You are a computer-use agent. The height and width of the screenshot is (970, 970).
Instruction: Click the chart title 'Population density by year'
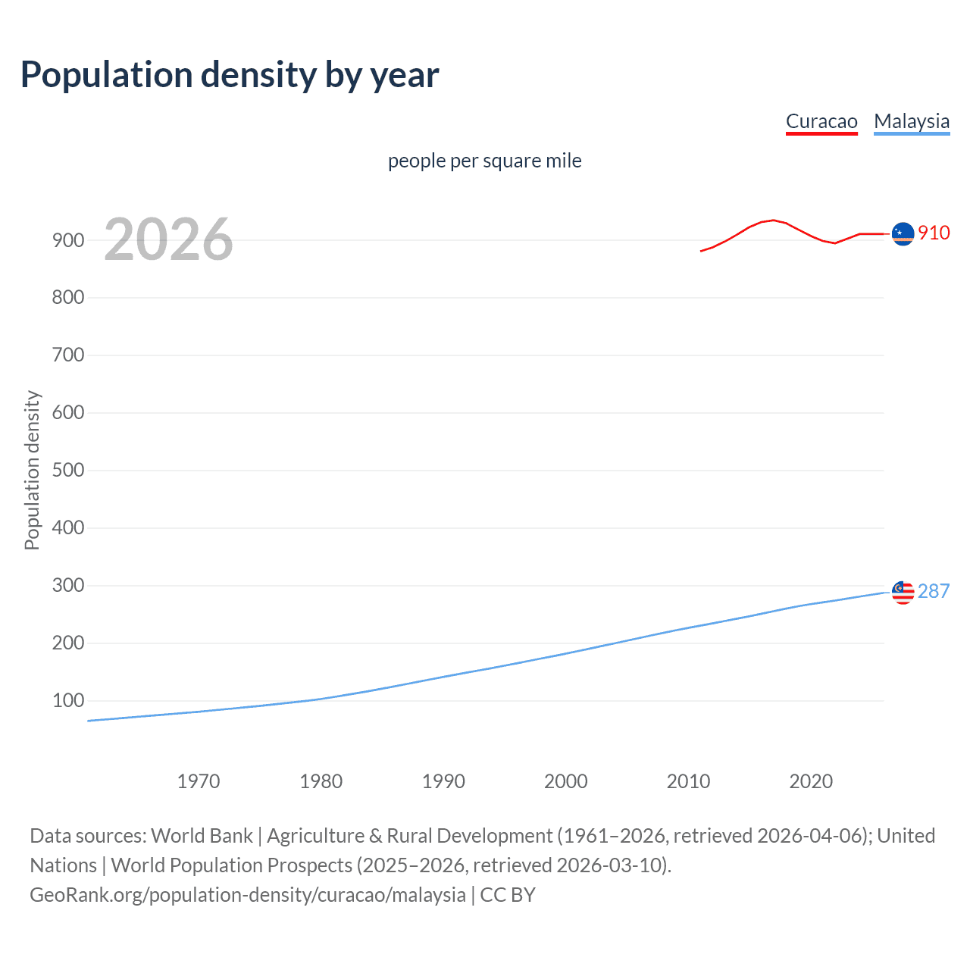click(230, 75)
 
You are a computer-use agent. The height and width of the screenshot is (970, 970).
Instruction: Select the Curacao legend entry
click(821, 121)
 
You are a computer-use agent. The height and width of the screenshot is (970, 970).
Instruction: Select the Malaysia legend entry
click(912, 121)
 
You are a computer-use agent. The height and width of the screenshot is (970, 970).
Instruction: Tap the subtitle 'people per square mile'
click(484, 161)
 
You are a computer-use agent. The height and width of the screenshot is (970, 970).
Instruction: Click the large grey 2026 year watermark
click(168, 239)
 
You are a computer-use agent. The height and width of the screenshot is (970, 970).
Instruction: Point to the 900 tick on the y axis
click(68, 240)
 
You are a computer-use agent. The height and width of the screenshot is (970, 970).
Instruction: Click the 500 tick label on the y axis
click(68, 471)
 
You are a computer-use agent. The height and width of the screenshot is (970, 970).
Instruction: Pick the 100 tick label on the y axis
click(68, 701)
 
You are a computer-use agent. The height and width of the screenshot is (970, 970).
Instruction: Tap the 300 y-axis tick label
click(68, 586)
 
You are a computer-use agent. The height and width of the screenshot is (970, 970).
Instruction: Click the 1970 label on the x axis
click(199, 781)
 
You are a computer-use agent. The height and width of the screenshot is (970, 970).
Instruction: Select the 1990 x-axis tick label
click(443, 781)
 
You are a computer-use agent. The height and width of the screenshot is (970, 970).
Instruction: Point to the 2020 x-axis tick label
click(811, 781)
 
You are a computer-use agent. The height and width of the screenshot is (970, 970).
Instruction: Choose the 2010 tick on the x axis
click(688, 781)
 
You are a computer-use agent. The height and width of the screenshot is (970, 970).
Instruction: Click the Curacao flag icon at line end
click(903, 234)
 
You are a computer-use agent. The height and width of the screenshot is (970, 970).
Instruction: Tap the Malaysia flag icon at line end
click(903, 593)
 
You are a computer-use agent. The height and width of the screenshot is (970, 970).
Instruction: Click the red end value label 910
click(934, 233)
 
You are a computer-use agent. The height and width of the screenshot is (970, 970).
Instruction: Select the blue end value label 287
click(934, 591)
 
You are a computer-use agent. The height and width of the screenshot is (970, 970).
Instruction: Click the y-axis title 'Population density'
click(32, 470)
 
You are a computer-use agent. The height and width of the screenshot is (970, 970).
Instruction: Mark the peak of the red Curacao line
click(773, 220)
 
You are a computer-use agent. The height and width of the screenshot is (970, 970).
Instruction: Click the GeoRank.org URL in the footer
click(248, 895)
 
